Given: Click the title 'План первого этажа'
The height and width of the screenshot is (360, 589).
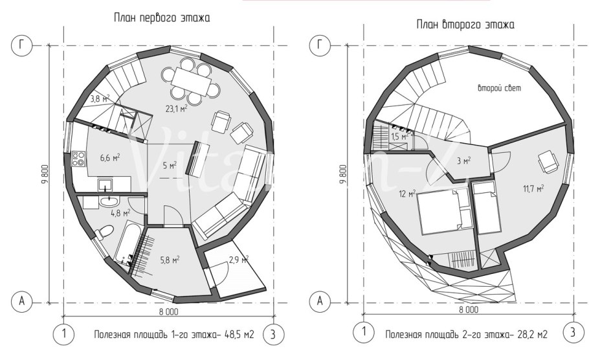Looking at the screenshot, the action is click(x=162, y=17).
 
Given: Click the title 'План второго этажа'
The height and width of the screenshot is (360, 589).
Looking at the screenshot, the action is click(x=465, y=25).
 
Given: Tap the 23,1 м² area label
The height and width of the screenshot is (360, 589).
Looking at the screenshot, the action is click(x=176, y=109).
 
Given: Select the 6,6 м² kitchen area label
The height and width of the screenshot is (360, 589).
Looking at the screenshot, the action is click(x=109, y=157).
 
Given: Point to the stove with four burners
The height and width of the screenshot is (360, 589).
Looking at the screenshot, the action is click(x=78, y=158).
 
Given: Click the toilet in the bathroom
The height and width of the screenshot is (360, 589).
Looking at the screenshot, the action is click(x=104, y=232).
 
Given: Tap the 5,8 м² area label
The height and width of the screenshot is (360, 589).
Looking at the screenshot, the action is click(x=170, y=260).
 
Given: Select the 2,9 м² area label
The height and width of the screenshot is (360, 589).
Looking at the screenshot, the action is click(x=239, y=260).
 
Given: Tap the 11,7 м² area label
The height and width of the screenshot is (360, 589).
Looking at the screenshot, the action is click(x=533, y=188).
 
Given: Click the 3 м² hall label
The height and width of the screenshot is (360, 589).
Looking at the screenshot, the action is click(x=464, y=161).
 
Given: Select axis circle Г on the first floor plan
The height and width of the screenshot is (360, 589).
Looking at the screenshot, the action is click(x=22, y=45).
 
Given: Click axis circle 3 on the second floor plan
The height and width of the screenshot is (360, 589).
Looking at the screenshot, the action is click(x=572, y=332).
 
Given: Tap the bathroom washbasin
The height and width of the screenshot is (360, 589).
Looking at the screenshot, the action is click(x=109, y=202).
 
